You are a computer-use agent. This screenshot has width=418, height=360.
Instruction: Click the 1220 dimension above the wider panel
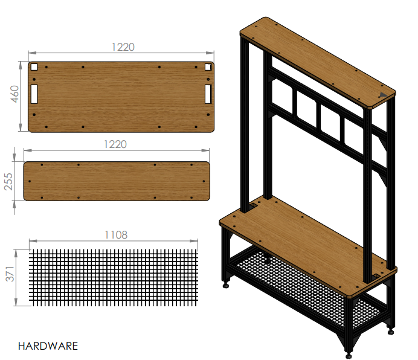pos(123,47)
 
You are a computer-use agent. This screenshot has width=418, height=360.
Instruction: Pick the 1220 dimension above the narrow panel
pos(115,144)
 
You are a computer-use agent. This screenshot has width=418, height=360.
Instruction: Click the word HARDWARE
pos(48,346)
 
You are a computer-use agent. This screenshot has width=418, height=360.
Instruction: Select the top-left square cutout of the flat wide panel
pos(34,68)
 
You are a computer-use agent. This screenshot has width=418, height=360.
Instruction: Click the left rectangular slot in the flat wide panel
pos(34,94)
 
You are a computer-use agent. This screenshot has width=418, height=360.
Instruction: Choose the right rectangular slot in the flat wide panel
pos(208,94)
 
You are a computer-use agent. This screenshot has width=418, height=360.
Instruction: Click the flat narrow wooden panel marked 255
pos(116,181)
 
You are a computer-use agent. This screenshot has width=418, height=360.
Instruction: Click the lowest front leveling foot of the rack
pos(349,352)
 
